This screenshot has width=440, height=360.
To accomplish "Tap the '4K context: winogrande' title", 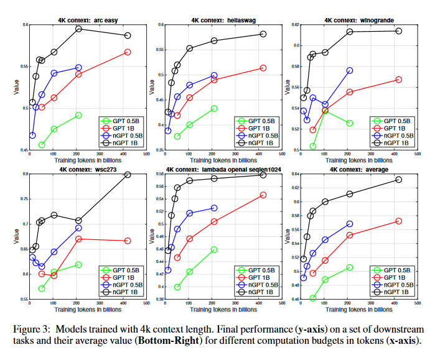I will (353, 20).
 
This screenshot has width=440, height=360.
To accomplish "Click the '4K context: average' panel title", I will (353, 169).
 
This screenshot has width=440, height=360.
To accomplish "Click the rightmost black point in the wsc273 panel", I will (128, 175).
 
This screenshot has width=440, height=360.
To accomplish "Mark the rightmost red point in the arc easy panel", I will (128, 52).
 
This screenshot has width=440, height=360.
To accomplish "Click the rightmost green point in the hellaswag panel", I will (214, 108).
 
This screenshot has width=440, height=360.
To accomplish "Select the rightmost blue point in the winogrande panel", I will (350, 71).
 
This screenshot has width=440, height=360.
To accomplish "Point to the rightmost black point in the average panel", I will (399, 180).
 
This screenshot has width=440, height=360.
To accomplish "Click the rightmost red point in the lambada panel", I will (263, 195).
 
